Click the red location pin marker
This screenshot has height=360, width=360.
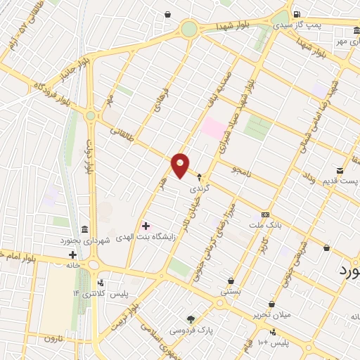point(181,165)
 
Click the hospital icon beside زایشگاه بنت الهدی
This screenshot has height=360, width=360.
point(146,226)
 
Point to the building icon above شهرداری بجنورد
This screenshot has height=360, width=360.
point(84,229)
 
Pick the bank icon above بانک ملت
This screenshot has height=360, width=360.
point(264,214)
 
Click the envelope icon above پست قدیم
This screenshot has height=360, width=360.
point(340,170)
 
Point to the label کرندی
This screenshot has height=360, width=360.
point(200,188)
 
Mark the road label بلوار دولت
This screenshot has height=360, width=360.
point(89,162)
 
